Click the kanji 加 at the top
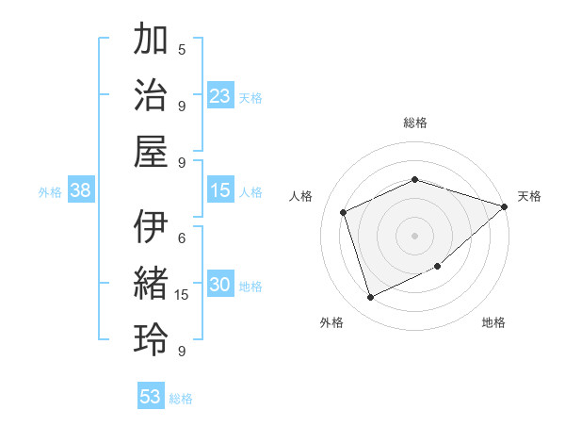[151, 42]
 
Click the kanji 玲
[151, 338]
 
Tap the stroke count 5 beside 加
[182, 49]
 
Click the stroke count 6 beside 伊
[182, 238]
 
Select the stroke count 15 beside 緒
[182, 295]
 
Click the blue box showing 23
[220, 96]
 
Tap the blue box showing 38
[81, 190]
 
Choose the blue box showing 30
[220, 286]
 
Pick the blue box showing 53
[151, 397]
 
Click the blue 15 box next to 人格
[220, 190]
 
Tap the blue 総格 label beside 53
[181, 399]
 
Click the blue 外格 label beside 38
[50, 192]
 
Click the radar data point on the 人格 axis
[344, 212]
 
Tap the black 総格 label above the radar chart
[415, 123]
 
